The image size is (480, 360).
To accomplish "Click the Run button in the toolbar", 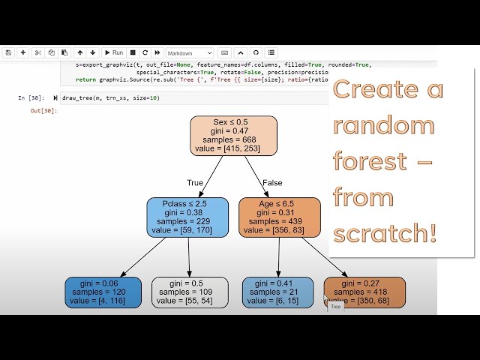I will [x=114, y=53].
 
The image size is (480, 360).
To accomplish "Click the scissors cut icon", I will [x=37, y=53].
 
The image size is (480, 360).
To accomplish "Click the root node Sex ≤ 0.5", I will [x=233, y=135].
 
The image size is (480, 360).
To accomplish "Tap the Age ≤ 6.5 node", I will [x=278, y=216].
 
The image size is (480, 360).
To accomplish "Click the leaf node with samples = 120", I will [x=104, y=292].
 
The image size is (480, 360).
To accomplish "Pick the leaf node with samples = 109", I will [x=190, y=292].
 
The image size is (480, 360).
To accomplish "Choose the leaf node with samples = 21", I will [x=277, y=292].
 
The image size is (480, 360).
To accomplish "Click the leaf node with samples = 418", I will [x=364, y=292].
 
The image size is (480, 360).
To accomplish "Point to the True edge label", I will [x=195, y=182].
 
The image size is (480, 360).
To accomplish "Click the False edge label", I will [x=273, y=182].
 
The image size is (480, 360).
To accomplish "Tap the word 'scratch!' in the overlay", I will [x=384, y=233].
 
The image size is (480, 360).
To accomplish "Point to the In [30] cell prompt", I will [x=31, y=98].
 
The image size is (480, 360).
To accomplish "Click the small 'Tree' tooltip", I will [x=336, y=306].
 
